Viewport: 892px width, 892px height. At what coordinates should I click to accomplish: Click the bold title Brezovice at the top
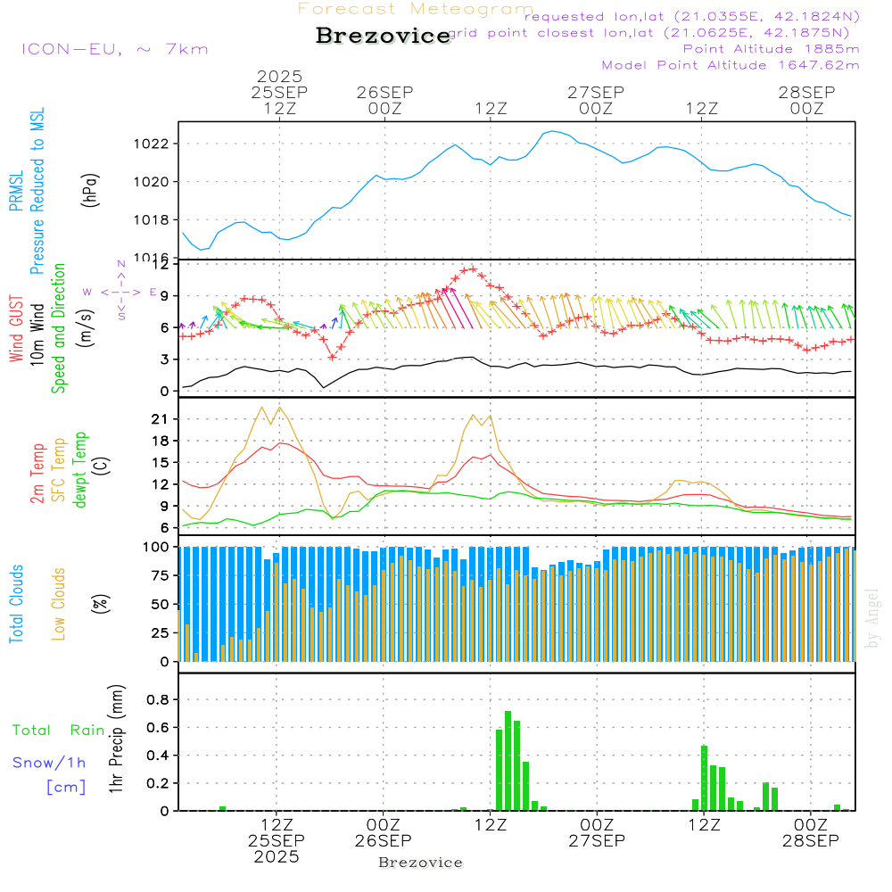(x=383, y=36)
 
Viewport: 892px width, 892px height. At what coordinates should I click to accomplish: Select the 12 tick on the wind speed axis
(x=161, y=265)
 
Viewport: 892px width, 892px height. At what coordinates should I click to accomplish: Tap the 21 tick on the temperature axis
(x=161, y=419)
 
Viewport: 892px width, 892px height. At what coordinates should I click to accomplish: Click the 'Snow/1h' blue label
(x=50, y=763)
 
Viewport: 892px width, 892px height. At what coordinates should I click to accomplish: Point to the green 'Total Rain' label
(x=59, y=731)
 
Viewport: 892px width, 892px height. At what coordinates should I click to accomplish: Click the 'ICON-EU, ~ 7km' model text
(x=114, y=49)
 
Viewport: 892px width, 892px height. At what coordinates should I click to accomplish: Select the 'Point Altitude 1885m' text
(x=771, y=49)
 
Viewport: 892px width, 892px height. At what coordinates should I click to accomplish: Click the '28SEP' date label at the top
(x=806, y=92)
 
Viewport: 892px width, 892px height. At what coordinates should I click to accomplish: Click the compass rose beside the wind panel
(x=120, y=292)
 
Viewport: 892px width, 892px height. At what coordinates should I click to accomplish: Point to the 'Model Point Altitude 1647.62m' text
(x=730, y=65)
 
